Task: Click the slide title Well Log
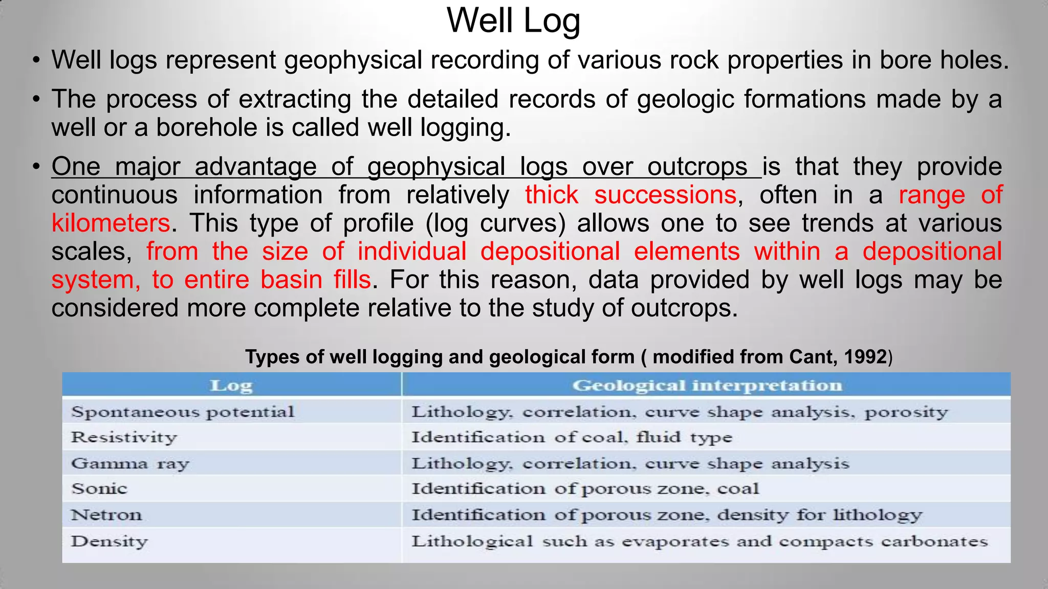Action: (x=513, y=21)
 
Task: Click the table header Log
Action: (x=231, y=386)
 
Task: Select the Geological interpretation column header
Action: (x=707, y=386)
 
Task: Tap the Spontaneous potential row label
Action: (x=183, y=412)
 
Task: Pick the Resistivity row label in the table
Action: (x=124, y=437)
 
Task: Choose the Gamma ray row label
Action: (x=130, y=463)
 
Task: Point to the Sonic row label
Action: (x=99, y=489)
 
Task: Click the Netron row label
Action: (x=106, y=514)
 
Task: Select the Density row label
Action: (x=110, y=541)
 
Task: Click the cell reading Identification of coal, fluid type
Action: (x=572, y=437)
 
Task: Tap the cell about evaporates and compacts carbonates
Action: (x=700, y=541)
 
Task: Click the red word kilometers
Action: (x=111, y=223)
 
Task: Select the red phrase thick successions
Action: (x=630, y=195)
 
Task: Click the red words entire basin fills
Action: (x=277, y=280)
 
